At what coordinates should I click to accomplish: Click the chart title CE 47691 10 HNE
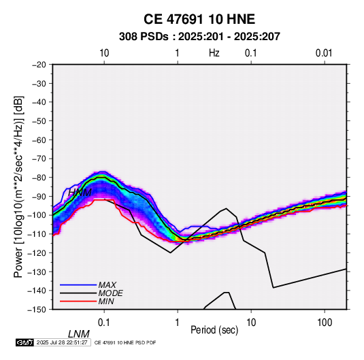tap(199, 19)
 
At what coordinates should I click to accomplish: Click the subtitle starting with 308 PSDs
tap(199, 37)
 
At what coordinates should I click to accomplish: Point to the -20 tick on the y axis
tap(39, 65)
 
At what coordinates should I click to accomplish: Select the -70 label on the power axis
tap(39, 159)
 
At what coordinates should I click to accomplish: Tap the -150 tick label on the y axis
tap(37, 310)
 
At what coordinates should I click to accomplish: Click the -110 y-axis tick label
tap(37, 234)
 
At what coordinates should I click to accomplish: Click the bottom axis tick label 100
tap(325, 323)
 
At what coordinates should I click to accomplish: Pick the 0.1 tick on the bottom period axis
tap(104, 323)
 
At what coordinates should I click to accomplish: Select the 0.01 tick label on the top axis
tap(324, 53)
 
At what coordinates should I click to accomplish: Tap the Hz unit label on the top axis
tap(214, 53)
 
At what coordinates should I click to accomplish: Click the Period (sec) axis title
tap(214, 330)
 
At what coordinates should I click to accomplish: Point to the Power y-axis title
tap(18, 186)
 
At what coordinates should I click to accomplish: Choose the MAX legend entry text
tap(107, 284)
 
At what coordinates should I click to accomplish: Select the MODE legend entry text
tap(110, 293)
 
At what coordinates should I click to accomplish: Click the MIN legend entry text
tap(106, 301)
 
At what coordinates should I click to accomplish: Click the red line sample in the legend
tap(78, 301)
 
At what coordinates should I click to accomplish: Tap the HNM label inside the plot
tap(80, 193)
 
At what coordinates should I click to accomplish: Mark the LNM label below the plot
tap(79, 334)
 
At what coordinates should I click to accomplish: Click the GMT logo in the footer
tap(24, 342)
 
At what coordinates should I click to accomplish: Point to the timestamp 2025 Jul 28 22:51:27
tap(62, 342)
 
